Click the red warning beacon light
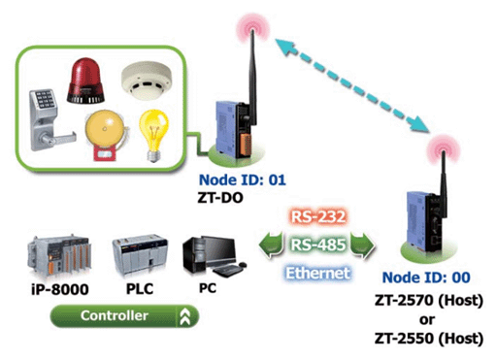pyautogui.click(x=85, y=81)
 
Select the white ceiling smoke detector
pyautogui.click(x=147, y=82)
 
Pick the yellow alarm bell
pyautogui.click(x=105, y=135)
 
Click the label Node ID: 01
pyautogui.click(x=243, y=180)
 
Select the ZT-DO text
pyautogui.click(x=220, y=198)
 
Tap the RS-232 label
pyautogui.click(x=318, y=216)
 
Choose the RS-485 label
pyautogui.click(x=318, y=245)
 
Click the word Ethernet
pyautogui.click(x=318, y=273)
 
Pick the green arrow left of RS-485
pyautogui.click(x=271, y=245)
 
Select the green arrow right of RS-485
pyautogui.click(x=363, y=245)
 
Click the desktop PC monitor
pyautogui.click(x=219, y=251)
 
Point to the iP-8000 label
pyautogui.click(x=60, y=289)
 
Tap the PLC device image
pyautogui.click(x=140, y=255)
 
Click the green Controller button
pyautogui.click(x=124, y=315)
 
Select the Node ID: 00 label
pyautogui.click(x=426, y=278)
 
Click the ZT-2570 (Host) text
pyautogui.click(x=429, y=301)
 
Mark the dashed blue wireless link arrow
pyautogui.click(x=352, y=85)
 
